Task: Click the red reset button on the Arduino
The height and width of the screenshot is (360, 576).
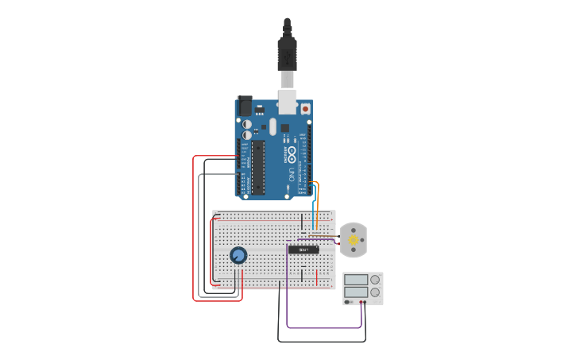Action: point(304,108)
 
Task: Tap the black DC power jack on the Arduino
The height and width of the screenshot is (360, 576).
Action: point(245,105)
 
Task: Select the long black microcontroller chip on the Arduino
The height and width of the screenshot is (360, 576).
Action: point(258,166)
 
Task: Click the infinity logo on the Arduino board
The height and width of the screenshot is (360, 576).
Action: point(292,152)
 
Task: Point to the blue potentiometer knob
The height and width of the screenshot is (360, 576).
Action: point(238,255)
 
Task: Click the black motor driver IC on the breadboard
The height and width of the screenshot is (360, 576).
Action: point(303,250)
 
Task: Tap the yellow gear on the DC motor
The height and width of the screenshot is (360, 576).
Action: point(353,239)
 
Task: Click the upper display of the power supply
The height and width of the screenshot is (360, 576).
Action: point(356,280)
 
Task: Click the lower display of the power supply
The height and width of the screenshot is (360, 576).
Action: point(356,292)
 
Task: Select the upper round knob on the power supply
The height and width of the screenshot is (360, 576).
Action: point(375,280)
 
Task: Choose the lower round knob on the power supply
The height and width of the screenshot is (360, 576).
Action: point(375,292)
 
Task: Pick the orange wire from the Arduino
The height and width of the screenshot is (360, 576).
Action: point(318,199)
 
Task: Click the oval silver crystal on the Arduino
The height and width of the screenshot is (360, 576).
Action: point(273,126)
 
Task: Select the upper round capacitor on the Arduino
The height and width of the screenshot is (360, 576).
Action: point(247,124)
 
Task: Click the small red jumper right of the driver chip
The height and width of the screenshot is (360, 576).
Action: point(318,277)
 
